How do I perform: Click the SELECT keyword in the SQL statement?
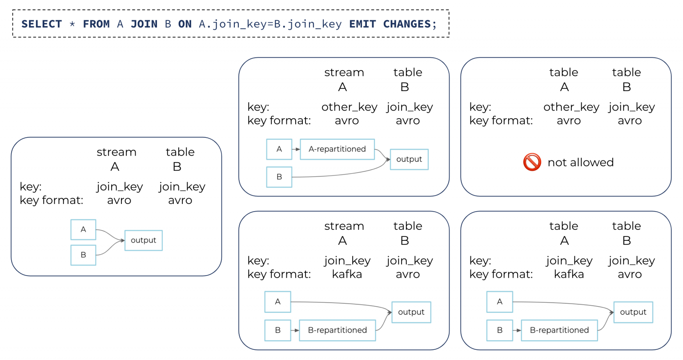click(x=41, y=24)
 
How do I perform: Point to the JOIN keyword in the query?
click(x=144, y=24)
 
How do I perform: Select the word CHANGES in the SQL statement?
click(x=406, y=24)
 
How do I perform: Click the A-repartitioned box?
click(x=337, y=149)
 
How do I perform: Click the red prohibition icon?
click(x=532, y=162)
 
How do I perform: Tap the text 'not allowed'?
click(x=580, y=163)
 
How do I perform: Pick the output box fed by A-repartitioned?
click(x=409, y=159)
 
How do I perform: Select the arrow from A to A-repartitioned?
click(x=296, y=149)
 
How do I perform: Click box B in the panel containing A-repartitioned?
click(x=279, y=177)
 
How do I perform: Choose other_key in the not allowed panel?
click(x=571, y=107)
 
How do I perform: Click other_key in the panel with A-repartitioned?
click(x=349, y=107)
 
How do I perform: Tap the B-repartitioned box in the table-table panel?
click(x=559, y=330)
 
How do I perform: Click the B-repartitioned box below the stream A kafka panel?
click(x=337, y=330)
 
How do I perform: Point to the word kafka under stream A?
click(x=347, y=274)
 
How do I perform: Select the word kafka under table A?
click(x=569, y=274)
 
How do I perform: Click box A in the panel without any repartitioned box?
click(x=83, y=230)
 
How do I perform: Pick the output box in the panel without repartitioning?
click(x=143, y=240)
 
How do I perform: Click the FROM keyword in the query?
click(x=96, y=24)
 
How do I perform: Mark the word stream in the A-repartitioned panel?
click(x=344, y=72)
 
